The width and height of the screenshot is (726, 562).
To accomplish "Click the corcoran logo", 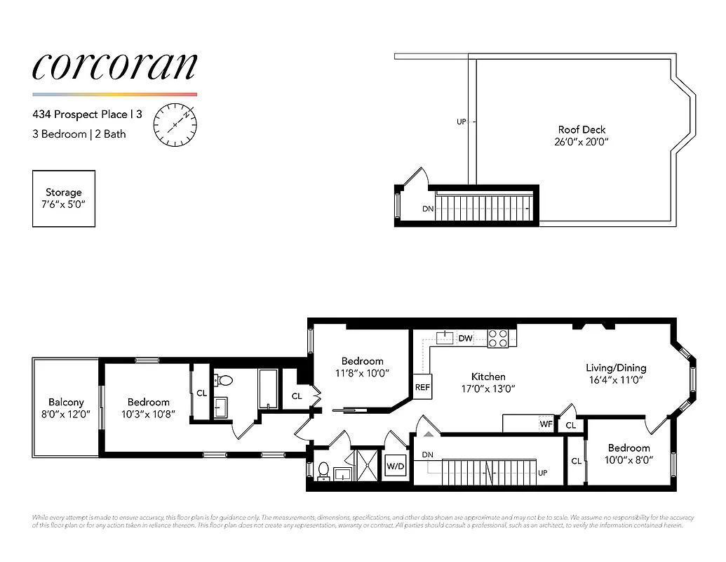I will (114, 66).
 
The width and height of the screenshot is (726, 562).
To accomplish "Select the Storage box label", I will (64, 192).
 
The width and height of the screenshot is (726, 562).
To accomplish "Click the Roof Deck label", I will (582, 130).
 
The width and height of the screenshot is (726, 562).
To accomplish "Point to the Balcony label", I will (66, 403).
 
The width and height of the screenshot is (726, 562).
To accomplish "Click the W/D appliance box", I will (395, 466).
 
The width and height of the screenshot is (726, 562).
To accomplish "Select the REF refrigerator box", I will (422, 386).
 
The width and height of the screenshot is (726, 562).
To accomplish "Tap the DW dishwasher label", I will (465, 339).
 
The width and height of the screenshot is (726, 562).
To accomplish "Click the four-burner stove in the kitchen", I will (498, 338).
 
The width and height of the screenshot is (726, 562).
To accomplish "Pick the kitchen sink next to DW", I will (443, 338).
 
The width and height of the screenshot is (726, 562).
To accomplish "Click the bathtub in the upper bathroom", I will (269, 389).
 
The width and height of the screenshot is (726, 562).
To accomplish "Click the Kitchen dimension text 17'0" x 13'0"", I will (488, 388).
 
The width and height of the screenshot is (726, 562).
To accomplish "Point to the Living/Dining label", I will (616, 367).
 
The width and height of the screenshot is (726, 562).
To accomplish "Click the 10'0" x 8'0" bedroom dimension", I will (628, 460).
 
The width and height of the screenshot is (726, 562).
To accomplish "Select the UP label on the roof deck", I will (461, 122).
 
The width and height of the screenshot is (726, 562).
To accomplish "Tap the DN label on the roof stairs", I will (427, 209).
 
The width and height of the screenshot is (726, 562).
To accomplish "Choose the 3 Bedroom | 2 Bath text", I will (79, 133).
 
